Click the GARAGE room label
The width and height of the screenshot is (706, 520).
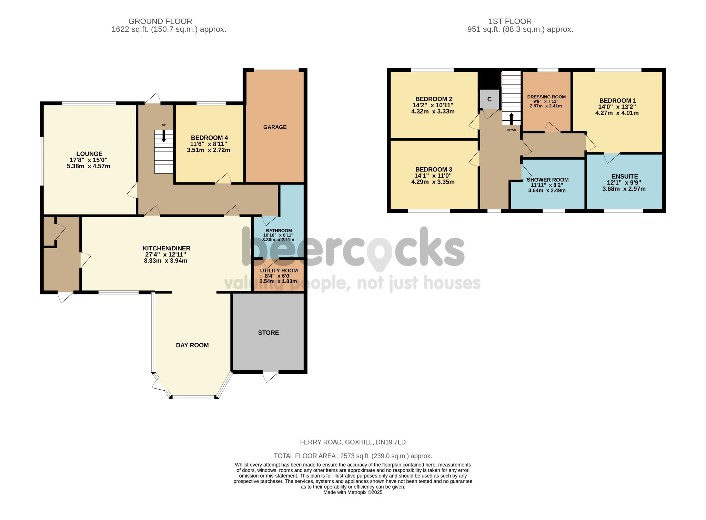tap(275, 127)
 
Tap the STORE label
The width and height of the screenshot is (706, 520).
tap(268, 332)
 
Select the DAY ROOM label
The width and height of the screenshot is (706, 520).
tap(192, 345)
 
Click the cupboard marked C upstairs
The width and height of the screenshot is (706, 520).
tap(489, 99)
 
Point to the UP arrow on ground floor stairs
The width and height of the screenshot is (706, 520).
tap(164, 136)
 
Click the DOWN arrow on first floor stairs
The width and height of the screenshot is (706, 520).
tap(511, 119)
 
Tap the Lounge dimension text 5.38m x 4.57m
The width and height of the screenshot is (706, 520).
tap(89, 166)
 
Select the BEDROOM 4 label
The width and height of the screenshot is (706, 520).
tap(209, 138)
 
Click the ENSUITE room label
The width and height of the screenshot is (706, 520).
tap(625, 176)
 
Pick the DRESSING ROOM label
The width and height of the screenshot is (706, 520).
tap(546, 97)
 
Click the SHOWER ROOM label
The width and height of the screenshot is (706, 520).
tap(547, 180)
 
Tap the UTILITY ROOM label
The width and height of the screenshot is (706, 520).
tap(279, 271)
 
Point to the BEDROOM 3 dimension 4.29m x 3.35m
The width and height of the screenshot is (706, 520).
tap(433, 182)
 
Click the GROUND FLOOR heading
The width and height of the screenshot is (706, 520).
tap(160, 21)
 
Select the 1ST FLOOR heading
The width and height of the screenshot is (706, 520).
tap(510, 21)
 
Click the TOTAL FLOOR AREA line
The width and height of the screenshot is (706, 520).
tap(353, 456)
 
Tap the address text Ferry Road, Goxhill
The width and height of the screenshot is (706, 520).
tap(353, 442)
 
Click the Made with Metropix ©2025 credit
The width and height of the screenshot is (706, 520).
tap(353, 492)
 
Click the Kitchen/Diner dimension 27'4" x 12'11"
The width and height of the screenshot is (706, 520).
tap(165, 254)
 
